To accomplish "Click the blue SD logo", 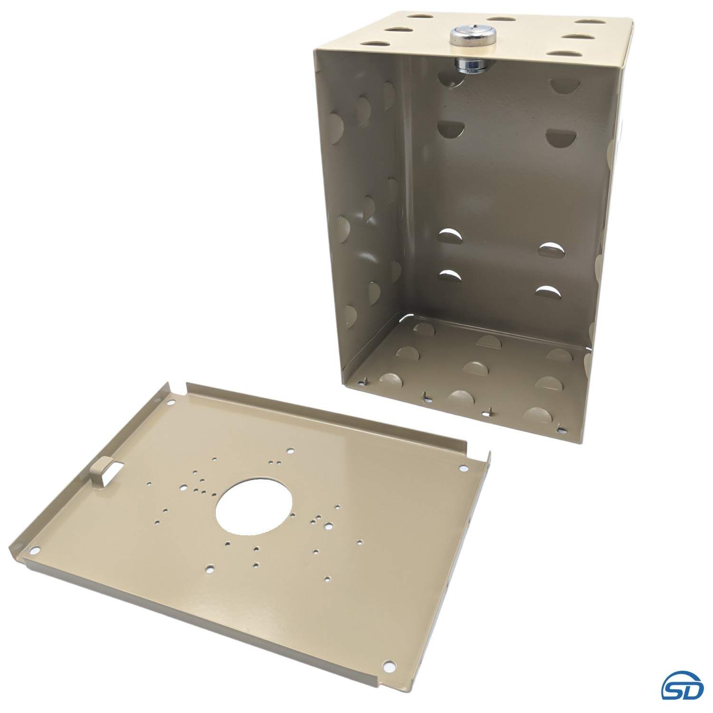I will click(683, 687).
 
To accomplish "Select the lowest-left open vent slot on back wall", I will click(451, 276).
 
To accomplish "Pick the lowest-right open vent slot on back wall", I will click(548, 290).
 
